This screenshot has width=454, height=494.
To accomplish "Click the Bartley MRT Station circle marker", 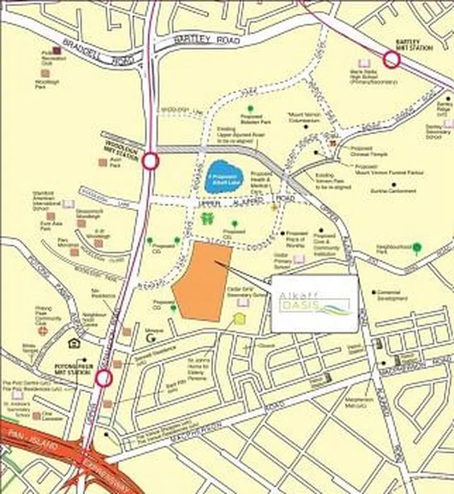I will pos(392,60).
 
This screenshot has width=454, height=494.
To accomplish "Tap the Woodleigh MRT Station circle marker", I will pos(150,161).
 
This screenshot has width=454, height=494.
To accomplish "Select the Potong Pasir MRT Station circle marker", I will pos(104,378).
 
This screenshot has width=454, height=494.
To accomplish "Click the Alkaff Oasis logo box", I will pos(314,303).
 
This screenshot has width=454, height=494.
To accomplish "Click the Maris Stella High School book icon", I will pos(364,64).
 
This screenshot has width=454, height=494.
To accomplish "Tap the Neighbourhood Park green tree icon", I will pos(417,247).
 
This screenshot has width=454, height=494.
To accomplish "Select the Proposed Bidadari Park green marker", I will pos(251,109).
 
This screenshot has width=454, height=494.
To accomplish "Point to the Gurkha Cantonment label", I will pos(393,191).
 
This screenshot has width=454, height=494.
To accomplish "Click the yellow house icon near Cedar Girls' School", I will pos(239,318).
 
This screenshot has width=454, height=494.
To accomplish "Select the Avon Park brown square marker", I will pos(103,162).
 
